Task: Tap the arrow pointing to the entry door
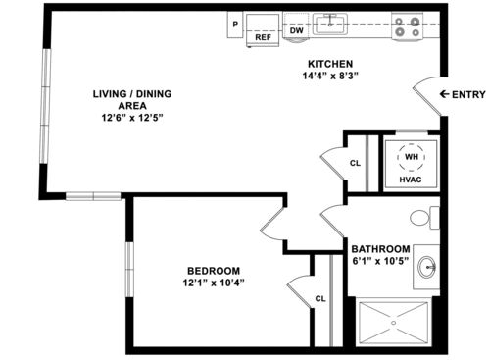445,93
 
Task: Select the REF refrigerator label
263,38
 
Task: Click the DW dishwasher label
296,30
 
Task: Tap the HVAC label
410,180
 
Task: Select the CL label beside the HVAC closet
354,163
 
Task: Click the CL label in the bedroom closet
319,298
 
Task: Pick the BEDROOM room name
214,270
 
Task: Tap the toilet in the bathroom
423,217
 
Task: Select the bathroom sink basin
427,265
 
